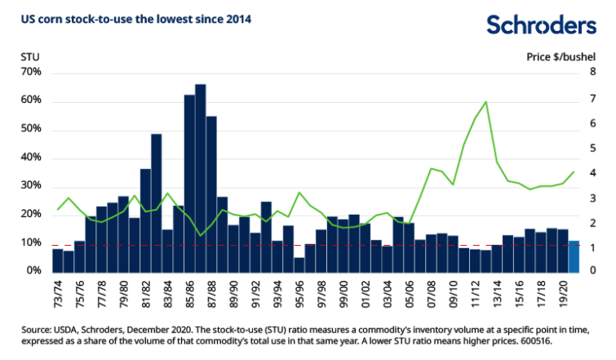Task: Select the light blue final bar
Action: click(x=574, y=256)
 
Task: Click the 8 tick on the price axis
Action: click(x=593, y=73)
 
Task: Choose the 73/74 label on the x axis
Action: click(x=58, y=292)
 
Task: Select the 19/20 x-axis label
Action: click(x=561, y=292)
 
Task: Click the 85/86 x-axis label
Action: click(x=189, y=292)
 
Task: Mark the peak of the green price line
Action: click(x=485, y=102)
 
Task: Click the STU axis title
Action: click(x=29, y=57)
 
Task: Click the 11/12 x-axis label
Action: click(x=475, y=292)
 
